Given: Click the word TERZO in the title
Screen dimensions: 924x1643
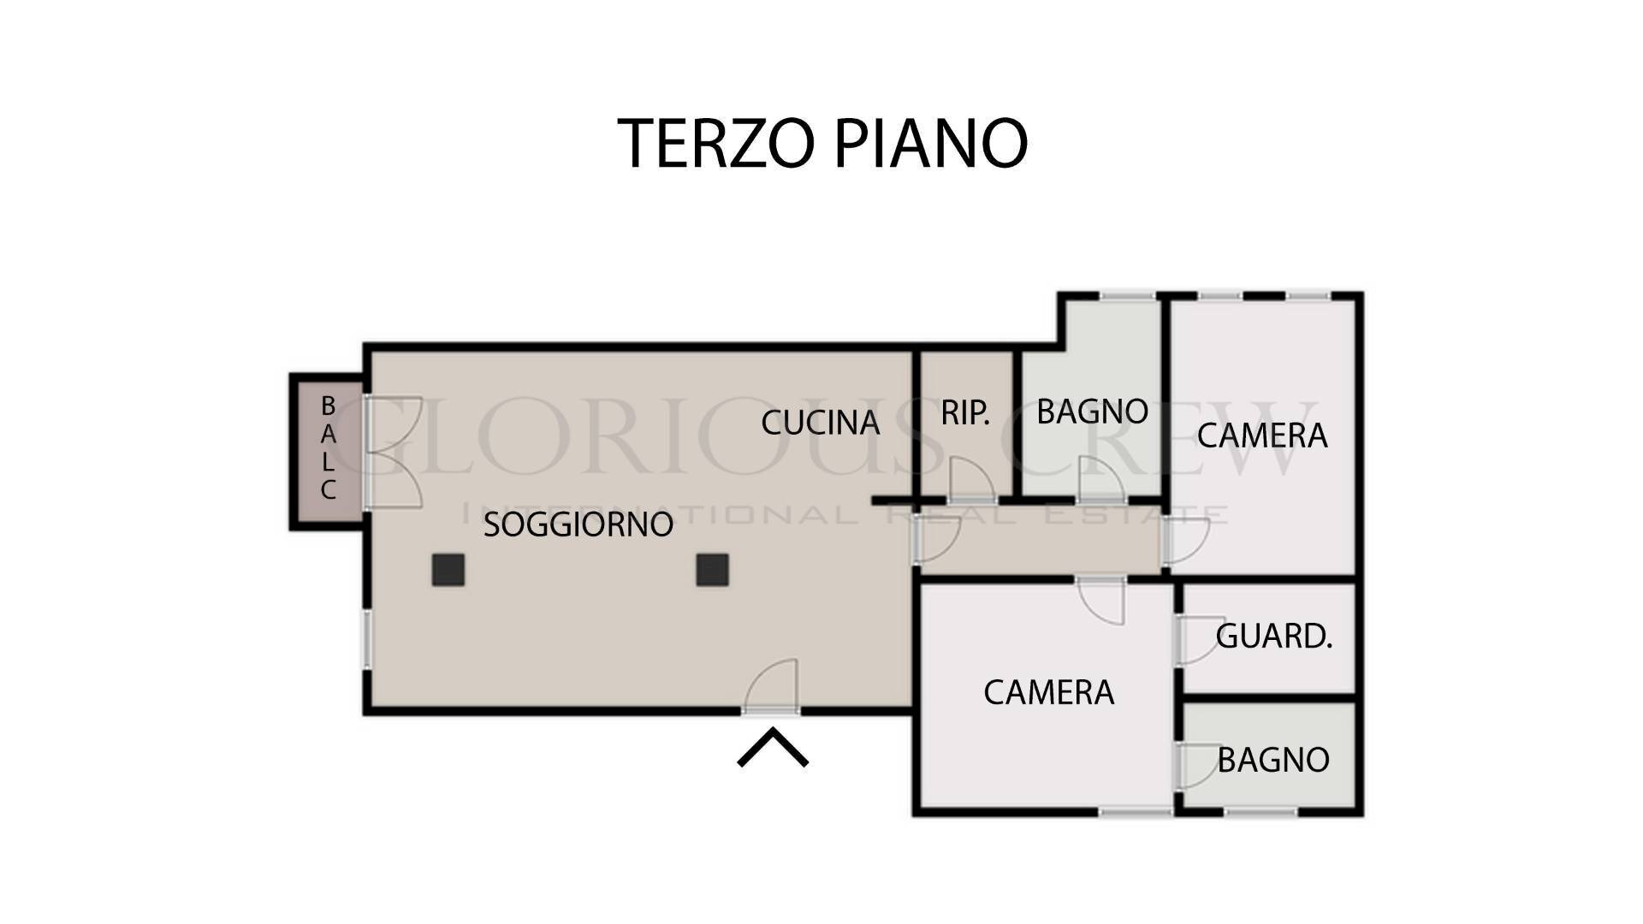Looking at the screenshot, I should click(x=715, y=143).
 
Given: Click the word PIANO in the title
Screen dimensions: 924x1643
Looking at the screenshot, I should click(x=930, y=143).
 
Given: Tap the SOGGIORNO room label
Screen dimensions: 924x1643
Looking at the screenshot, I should click(x=578, y=524).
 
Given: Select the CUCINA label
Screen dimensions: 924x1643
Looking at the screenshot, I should click(x=820, y=423).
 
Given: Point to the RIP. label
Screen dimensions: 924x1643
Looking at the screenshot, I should click(x=964, y=413).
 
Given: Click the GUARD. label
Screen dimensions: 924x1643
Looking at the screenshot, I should click(x=1273, y=637).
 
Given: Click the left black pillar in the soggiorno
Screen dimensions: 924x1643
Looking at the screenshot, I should click(x=448, y=570).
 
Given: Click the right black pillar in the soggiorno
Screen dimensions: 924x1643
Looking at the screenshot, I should click(x=712, y=570).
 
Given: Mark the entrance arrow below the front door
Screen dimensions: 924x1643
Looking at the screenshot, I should click(x=773, y=748).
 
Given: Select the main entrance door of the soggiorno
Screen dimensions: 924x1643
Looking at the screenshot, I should click(x=772, y=689).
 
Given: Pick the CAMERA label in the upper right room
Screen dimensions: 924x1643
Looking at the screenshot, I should click(x=1261, y=435).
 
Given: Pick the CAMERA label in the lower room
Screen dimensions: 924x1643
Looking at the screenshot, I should click(x=1048, y=692).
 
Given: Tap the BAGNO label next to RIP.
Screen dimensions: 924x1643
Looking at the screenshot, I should click(x=1092, y=412).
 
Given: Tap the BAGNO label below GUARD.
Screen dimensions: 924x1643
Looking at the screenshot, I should click(x=1272, y=760).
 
